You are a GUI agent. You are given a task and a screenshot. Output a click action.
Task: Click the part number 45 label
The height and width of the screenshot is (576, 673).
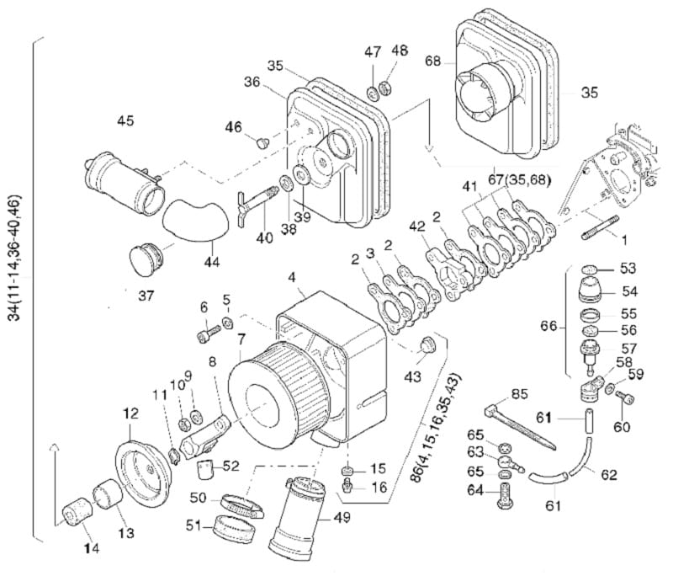pyautogui.click(x=125, y=120)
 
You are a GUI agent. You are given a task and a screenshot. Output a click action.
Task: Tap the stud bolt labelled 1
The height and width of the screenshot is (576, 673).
pyautogui.click(x=600, y=227)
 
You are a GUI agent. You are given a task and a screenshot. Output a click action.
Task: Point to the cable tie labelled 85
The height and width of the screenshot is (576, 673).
pyautogui.click(x=520, y=427)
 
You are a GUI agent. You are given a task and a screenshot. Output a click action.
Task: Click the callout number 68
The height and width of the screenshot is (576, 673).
pyautogui.click(x=432, y=61)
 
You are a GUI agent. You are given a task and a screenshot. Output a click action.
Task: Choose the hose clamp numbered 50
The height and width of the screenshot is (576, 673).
pyautogui.click(x=242, y=505)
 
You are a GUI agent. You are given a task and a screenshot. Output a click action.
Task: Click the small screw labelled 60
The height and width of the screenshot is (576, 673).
pyautogui.click(x=624, y=397)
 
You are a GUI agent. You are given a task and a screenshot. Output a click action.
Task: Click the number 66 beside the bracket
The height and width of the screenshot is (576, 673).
pyautogui.click(x=548, y=327)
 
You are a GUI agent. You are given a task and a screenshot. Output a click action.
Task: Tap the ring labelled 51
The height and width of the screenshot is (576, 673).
pyautogui.click(x=236, y=529)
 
